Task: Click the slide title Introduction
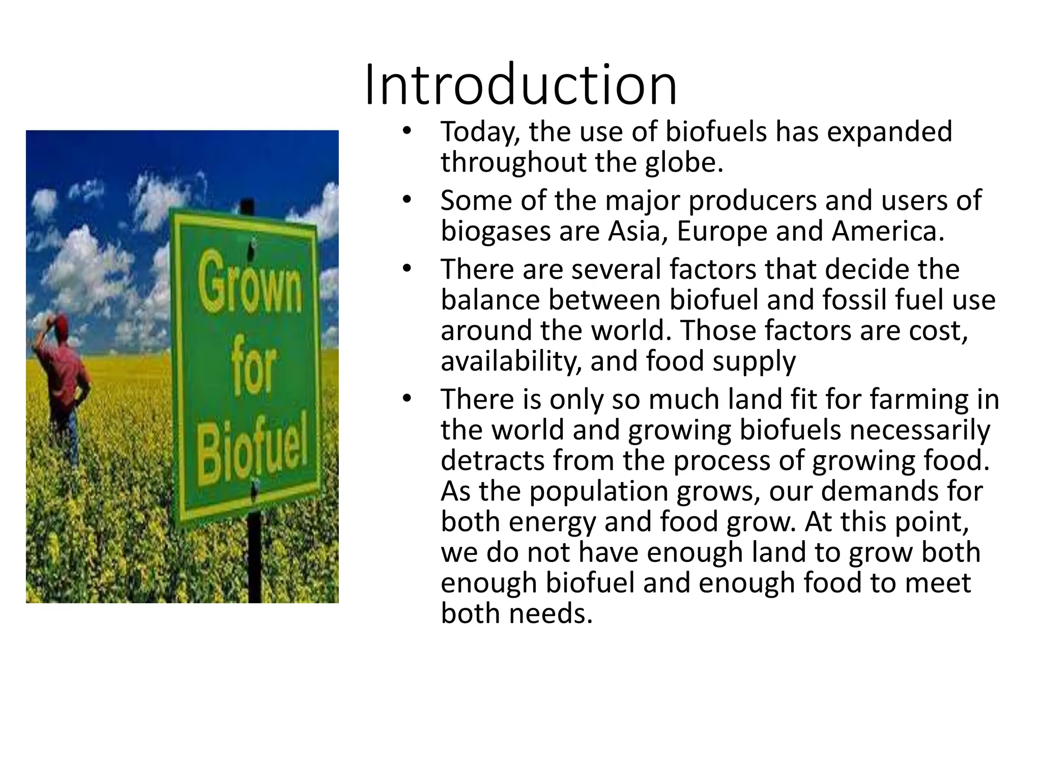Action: (x=521, y=85)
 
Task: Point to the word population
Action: (x=594, y=491)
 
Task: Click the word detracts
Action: (x=492, y=461)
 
